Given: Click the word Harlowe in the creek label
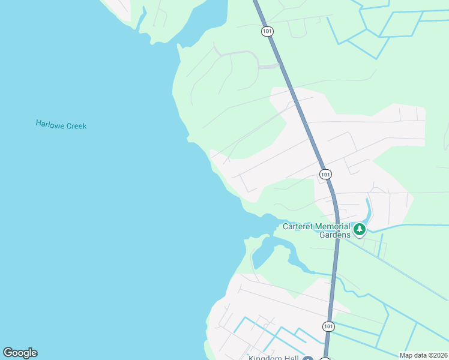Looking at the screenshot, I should click(50, 124).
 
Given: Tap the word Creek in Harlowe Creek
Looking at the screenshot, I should click(76, 126).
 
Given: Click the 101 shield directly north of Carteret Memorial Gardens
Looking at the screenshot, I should click(325, 174).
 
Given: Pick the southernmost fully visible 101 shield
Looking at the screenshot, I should click(328, 326).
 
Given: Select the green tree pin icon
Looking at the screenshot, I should click(359, 229).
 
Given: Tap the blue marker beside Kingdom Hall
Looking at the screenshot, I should click(307, 358).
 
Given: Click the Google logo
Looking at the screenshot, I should click(20, 353).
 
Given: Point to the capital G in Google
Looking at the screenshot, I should click(8, 353).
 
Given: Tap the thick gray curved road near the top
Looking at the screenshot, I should click(240, 54).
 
